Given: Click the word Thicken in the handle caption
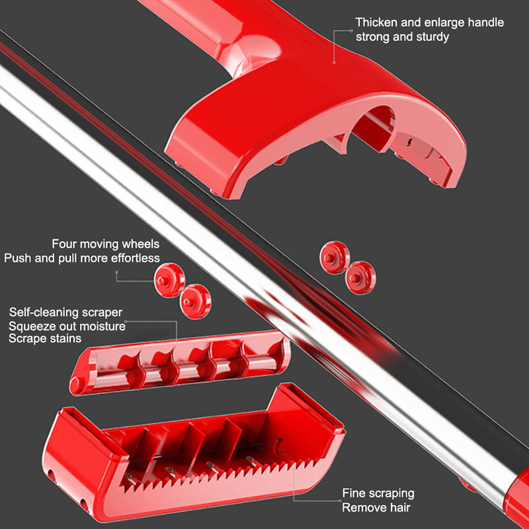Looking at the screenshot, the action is point(376,22).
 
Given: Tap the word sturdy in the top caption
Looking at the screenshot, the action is point(432,37).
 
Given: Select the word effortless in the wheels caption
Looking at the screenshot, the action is point(136,258).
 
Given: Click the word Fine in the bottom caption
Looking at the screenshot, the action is point(353,493).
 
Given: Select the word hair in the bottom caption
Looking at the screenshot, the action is point(399,507).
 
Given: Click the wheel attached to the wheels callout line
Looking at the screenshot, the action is point(169,280).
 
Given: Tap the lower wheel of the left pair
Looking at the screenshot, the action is point(195,302).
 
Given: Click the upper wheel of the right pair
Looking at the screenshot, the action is point(335,257).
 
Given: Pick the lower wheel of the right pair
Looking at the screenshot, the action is point(360,278).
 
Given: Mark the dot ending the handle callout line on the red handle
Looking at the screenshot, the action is point(334,62).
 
